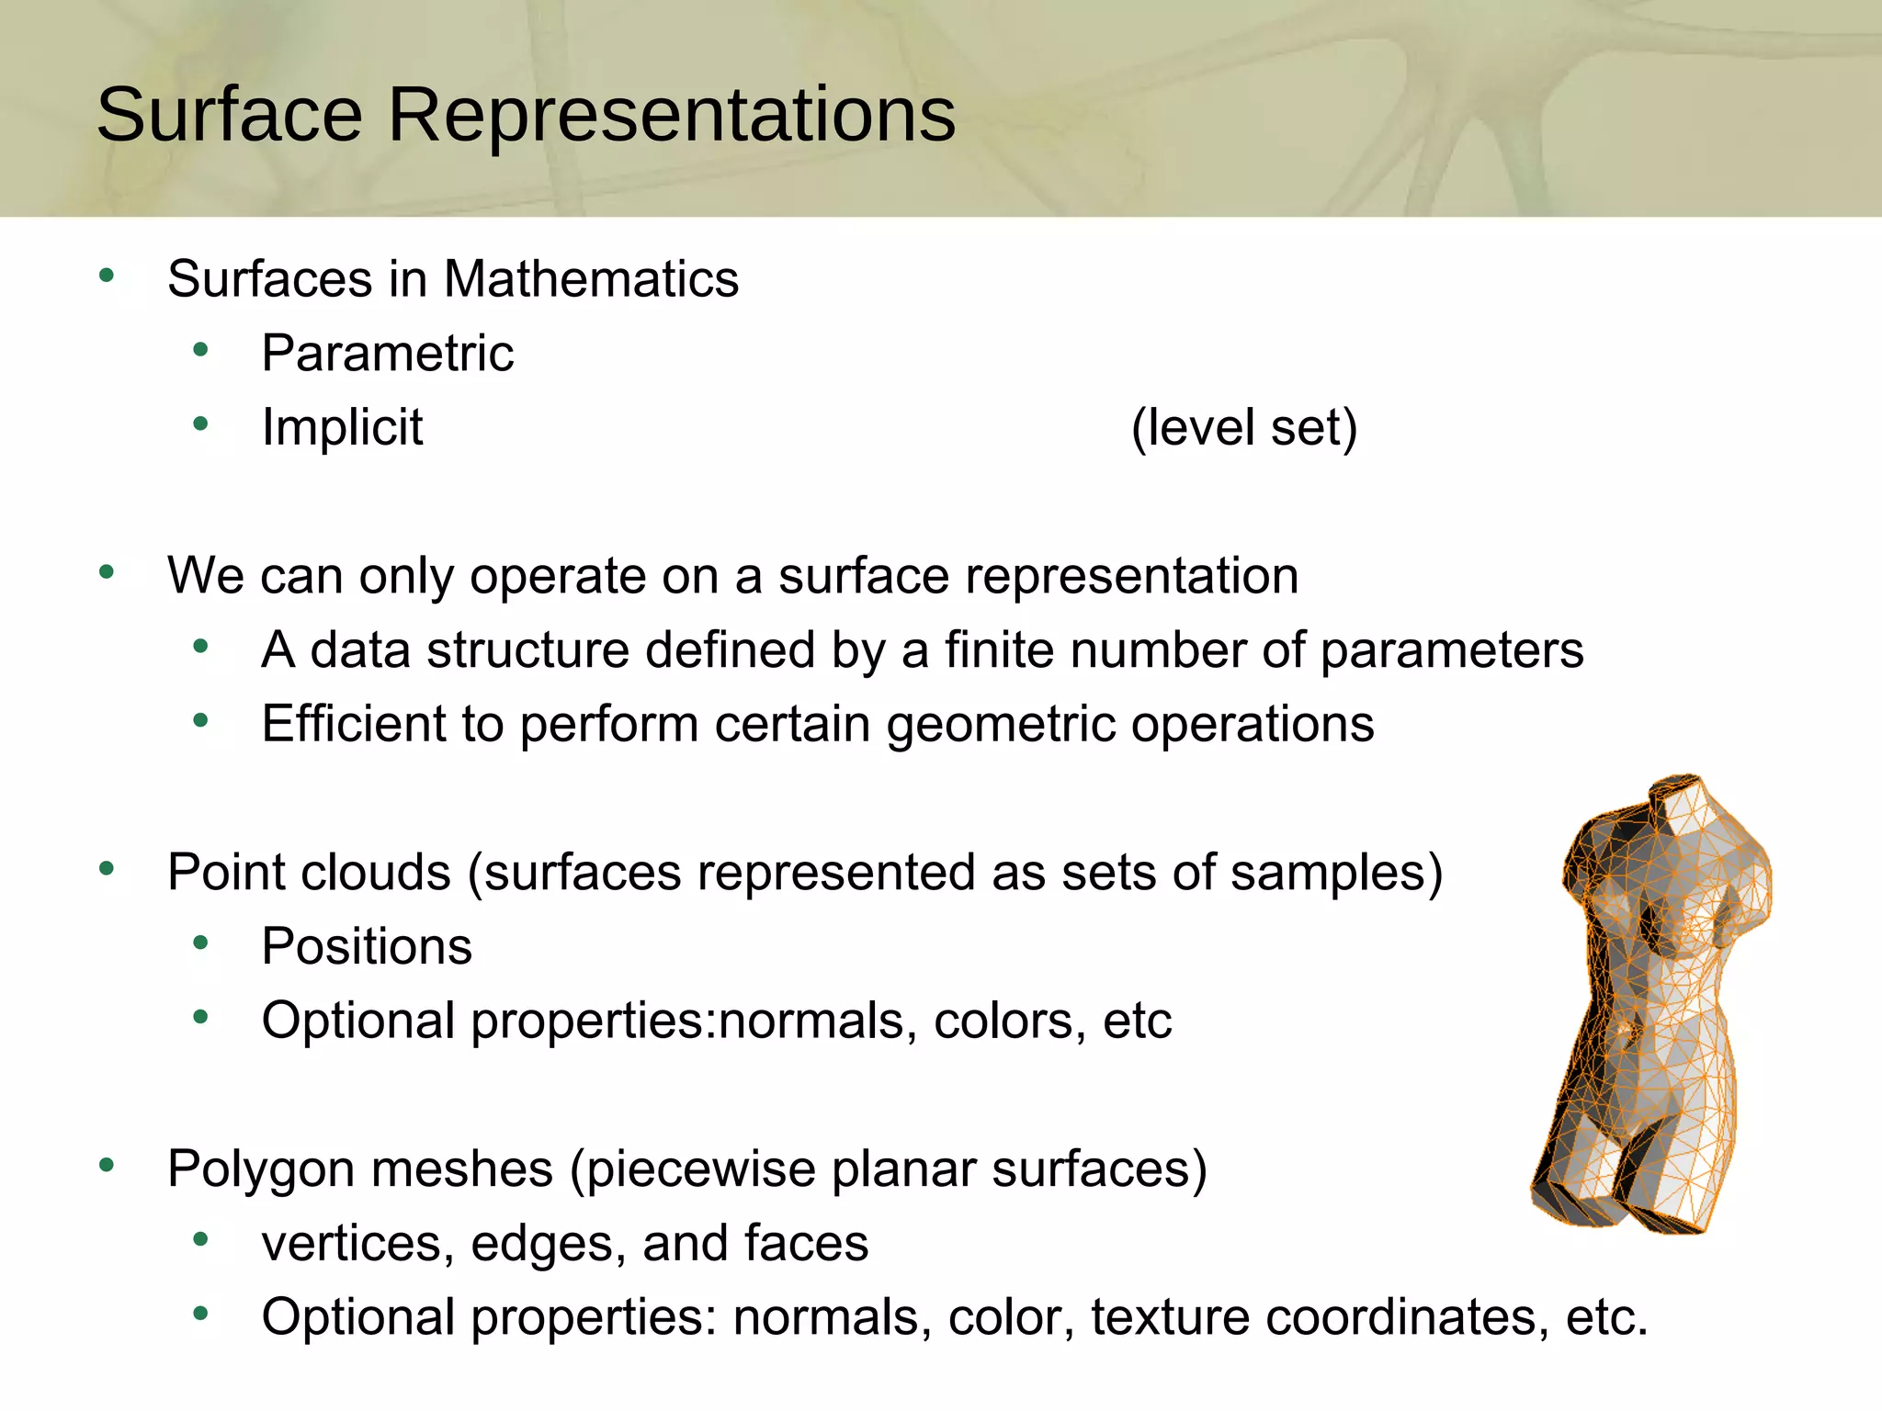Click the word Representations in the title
(x=671, y=115)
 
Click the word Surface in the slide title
(x=230, y=115)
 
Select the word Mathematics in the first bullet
(x=591, y=278)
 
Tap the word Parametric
(x=387, y=353)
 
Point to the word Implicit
(x=342, y=427)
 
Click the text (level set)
(x=1243, y=427)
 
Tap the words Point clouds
(x=309, y=872)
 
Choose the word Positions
(x=367, y=946)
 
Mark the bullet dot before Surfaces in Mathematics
(x=107, y=275)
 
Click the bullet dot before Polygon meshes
(x=107, y=1165)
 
